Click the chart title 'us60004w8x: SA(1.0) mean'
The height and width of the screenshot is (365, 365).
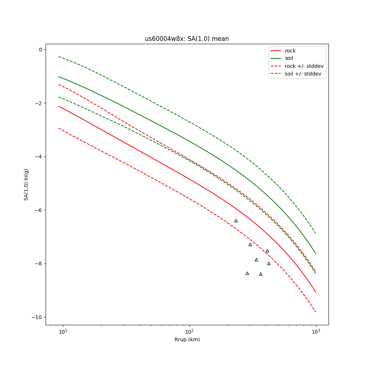[x=187, y=39]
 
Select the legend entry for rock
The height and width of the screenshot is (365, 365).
[x=290, y=51]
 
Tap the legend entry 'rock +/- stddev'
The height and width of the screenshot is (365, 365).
[x=304, y=66]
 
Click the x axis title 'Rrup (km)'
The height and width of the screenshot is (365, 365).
[x=187, y=340]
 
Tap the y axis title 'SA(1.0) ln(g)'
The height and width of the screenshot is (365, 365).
[x=26, y=184]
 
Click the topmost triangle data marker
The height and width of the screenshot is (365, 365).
[x=236, y=221]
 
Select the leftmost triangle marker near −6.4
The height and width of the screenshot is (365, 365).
[x=236, y=221]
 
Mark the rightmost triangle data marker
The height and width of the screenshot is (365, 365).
[x=269, y=264]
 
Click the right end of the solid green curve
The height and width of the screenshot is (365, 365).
[x=316, y=253]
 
